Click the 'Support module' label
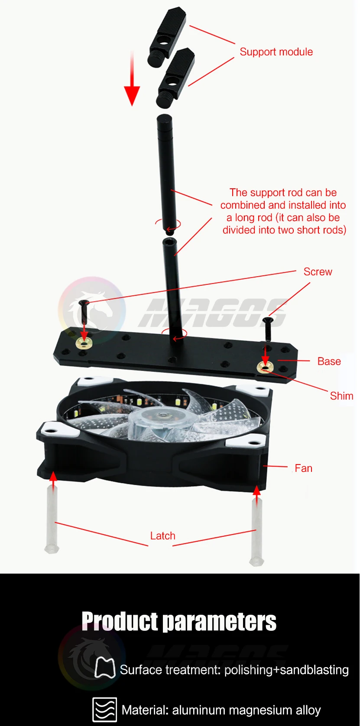pyautogui.click(x=276, y=52)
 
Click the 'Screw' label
pyautogui.click(x=318, y=272)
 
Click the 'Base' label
pyautogui.click(x=329, y=361)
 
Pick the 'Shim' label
pyautogui.click(x=341, y=396)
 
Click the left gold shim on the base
pyautogui.click(x=84, y=344)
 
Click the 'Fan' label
pyautogui.click(x=303, y=468)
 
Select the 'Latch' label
pyautogui.click(x=163, y=536)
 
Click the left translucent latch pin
pyautogui.click(x=52, y=519)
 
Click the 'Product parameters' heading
pyautogui.click(x=179, y=622)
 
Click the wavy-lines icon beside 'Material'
pyautogui.click(x=105, y=710)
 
